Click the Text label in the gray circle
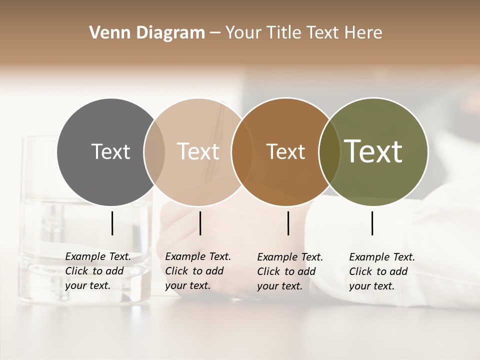coord(110,151)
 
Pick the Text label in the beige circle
coord(198,151)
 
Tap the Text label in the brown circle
coord(285,151)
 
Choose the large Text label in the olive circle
coord(373,151)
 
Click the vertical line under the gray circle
coord(112,223)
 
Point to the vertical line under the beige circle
coord(200,223)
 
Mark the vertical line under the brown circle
coord(288,223)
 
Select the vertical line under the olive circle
coord(372,223)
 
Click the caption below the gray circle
coord(98,271)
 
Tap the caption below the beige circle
coord(198,271)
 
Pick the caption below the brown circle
coord(290,271)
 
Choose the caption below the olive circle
coord(382,271)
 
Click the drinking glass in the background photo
coord(40,225)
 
